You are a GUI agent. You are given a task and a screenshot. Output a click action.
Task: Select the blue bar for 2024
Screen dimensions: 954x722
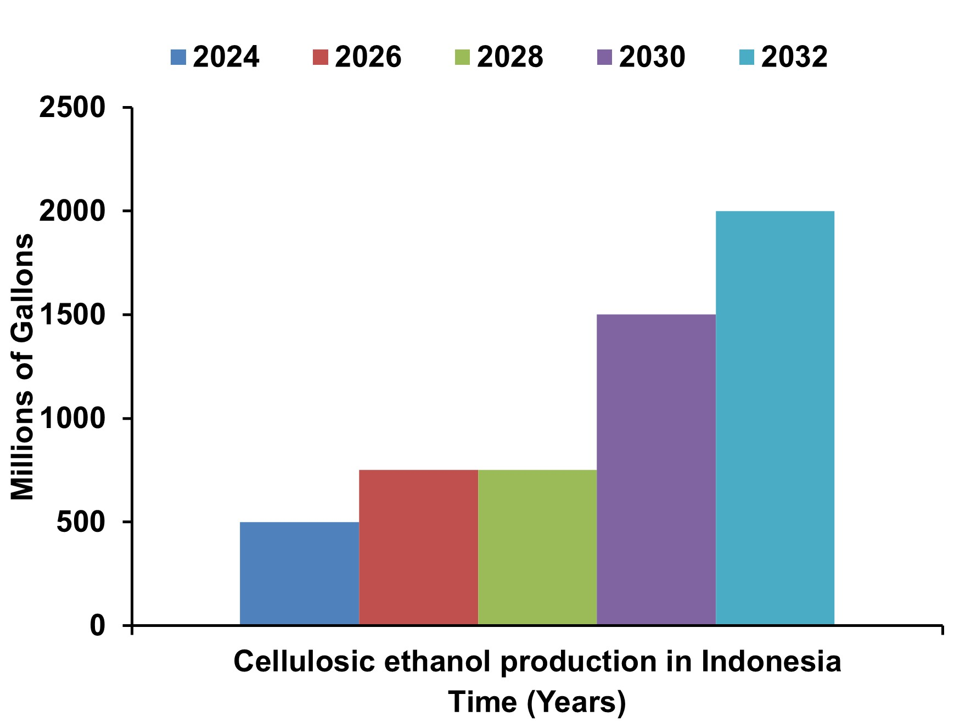click(x=300, y=573)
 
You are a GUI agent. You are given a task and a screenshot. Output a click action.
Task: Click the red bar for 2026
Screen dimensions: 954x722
click(x=418, y=547)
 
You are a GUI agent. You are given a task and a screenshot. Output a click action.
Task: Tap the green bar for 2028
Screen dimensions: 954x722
click(x=537, y=547)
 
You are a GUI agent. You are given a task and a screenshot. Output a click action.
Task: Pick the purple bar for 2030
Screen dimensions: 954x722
click(x=656, y=470)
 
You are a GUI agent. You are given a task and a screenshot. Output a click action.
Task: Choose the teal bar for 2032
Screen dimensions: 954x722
click(x=775, y=418)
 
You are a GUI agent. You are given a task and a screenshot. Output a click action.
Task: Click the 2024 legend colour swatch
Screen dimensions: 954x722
click(x=178, y=57)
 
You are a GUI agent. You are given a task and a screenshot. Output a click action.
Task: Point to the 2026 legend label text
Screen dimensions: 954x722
click(x=368, y=57)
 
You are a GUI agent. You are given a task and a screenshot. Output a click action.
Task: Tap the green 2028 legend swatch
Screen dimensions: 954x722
click(x=463, y=57)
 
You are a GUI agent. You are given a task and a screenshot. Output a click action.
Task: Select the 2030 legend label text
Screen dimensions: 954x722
click(x=652, y=57)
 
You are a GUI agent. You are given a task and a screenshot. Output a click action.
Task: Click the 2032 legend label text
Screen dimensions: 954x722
click(x=794, y=57)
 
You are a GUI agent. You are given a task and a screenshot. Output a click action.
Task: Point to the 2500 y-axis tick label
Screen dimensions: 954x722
click(x=72, y=108)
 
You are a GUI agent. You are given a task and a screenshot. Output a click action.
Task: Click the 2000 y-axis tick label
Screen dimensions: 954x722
click(x=72, y=212)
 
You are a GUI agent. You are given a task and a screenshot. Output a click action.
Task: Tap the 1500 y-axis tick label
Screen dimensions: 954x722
click(x=72, y=315)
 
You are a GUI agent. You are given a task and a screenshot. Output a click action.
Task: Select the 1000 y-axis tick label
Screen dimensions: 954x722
click(x=72, y=419)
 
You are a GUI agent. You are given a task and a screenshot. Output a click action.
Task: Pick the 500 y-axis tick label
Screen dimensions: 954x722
click(x=80, y=522)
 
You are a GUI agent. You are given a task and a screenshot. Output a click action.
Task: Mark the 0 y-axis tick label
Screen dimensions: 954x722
click(x=97, y=625)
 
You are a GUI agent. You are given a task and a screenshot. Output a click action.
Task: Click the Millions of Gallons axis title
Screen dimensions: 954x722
click(x=23, y=366)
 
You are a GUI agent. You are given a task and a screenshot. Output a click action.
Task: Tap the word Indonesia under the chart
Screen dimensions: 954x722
click(x=771, y=662)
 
